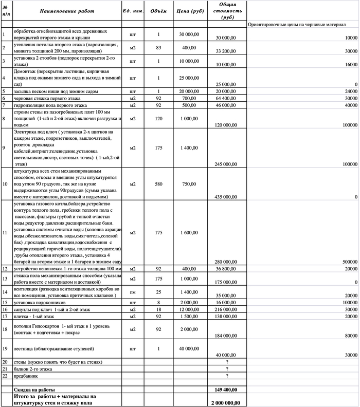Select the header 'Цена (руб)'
pyautogui.click(x=190, y=10)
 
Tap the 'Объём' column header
pyautogui.click(x=159, y=10)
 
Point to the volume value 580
pyautogui.click(x=159, y=184)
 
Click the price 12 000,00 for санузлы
pyautogui.click(x=190, y=310)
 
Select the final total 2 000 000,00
pyautogui.click(x=228, y=402)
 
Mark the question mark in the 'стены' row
pyautogui.click(x=227, y=363)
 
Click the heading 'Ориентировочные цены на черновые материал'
pyautogui.click(x=296, y=25)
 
